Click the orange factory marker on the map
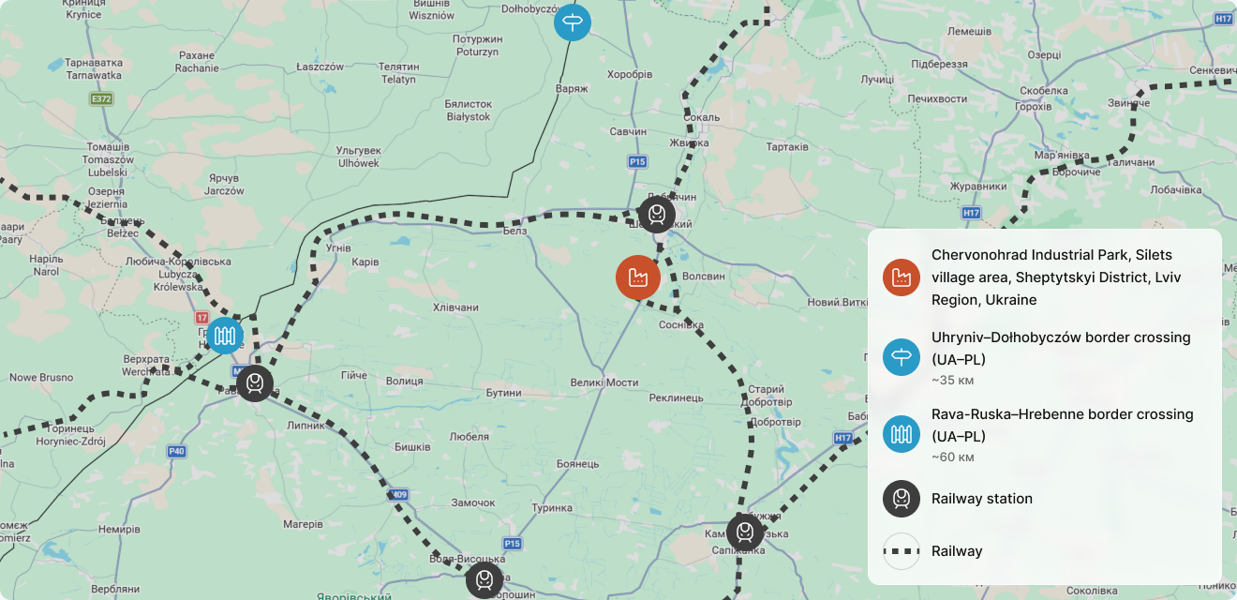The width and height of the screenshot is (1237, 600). pos(638,277)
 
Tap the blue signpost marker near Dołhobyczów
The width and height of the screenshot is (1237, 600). pos(572,21)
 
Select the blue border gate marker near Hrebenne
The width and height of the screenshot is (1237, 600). pos(225,335)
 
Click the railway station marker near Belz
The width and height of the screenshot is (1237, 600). pos(657,215)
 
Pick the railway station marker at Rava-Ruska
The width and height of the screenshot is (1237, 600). pos(254,383)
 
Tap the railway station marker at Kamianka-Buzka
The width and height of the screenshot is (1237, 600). pos(745,532)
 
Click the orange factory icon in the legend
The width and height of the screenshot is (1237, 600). pos(902,277)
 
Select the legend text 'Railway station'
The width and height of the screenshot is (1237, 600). pos(982,499)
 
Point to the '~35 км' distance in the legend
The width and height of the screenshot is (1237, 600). pos(952,381)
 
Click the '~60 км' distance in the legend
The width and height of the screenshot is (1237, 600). pos(952,457)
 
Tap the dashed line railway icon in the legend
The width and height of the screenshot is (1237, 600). pos(902,551)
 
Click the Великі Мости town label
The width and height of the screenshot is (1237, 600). pos(604,382)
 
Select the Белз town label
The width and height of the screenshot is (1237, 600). pos(515,231)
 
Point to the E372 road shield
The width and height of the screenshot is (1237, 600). pos(101,98)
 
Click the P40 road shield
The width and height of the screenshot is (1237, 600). pos(176,451)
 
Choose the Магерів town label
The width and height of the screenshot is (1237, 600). pos(303,524)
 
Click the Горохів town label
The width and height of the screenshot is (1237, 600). pos(1033,106)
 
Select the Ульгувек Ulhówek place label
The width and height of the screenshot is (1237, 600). pos(358,157)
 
